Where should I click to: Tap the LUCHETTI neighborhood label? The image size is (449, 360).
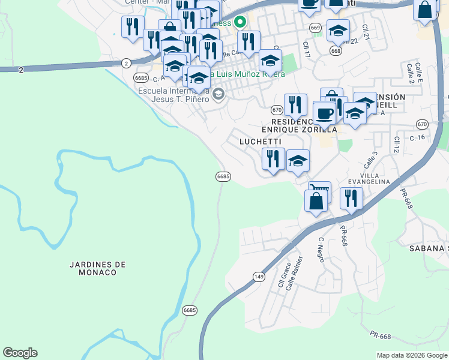(x=260, y=142)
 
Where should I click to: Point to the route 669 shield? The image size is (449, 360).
(x=315, y=28)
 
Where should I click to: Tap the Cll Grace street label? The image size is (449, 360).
(x=284, y=274)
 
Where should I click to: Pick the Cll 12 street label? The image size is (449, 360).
(x=397, y=145)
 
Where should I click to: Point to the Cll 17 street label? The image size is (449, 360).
(x=306, y=49)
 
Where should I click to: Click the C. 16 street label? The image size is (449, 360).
(x=417, y=137)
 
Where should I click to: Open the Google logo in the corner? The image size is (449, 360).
(x=20, y=353)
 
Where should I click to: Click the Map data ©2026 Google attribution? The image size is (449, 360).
(x=412, y=355)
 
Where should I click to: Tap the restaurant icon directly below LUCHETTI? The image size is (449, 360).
(x=273, y=159)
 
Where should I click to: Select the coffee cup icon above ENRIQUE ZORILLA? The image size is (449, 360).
(x=325, y=113)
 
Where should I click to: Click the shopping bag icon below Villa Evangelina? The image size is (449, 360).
(x=316, y=200)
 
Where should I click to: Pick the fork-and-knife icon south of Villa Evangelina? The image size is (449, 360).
(x=351, y=197)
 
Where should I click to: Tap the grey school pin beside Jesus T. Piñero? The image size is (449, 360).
(x=218, y=94)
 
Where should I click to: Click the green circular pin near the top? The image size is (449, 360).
(x=241, y=23)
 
